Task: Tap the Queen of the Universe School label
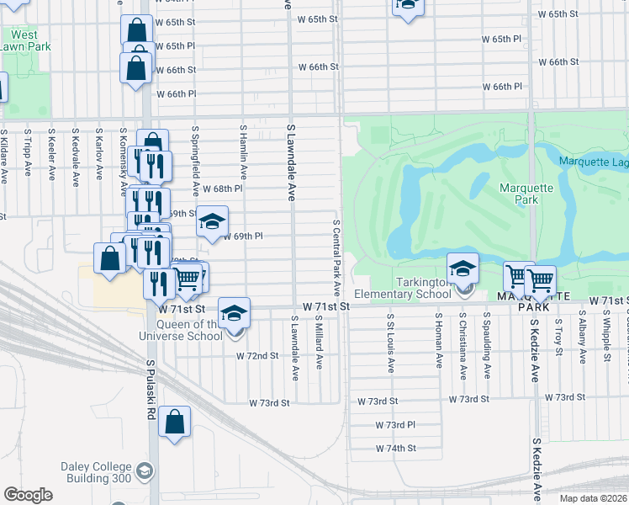180,330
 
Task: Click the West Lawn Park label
25,40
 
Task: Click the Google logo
28,495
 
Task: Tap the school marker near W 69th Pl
213,221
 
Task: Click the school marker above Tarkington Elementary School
462,269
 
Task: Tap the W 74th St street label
396,449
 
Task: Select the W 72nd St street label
257,356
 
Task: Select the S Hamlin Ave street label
243,153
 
